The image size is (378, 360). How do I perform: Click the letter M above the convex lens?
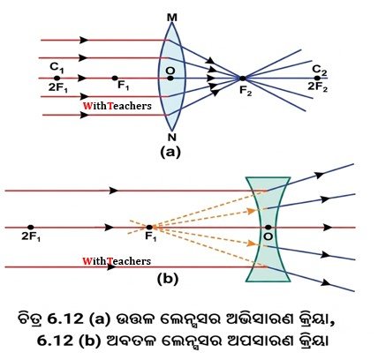pos(172,18)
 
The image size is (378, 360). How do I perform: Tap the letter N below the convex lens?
pos(171,137)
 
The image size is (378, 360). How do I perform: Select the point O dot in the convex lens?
pos(170,79)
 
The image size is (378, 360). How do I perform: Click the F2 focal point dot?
pos(242,79)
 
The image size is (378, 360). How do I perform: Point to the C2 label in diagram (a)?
pos(320,71)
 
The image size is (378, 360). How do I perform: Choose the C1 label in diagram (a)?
pos(57,67)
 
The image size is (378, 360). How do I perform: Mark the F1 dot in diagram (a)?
pos(115,78)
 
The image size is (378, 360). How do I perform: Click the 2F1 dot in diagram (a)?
pos(57,78)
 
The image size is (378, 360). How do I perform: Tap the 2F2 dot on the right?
pos(317,78)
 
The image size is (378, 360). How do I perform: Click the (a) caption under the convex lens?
pos(170,153)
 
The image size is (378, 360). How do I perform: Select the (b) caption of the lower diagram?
pos(168,279)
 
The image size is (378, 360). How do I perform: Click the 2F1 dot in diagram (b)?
pos(31,227)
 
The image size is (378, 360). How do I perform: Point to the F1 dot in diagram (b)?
pos(149,227)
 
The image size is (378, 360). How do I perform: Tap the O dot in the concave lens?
pos(268,227)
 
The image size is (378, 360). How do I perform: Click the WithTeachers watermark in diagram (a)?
pos(117,106)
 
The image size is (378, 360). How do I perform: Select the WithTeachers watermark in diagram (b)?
pos(117,261)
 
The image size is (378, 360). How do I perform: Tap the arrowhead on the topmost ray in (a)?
pos(84,40)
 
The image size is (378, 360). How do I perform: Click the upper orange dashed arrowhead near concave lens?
pos(251,211)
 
